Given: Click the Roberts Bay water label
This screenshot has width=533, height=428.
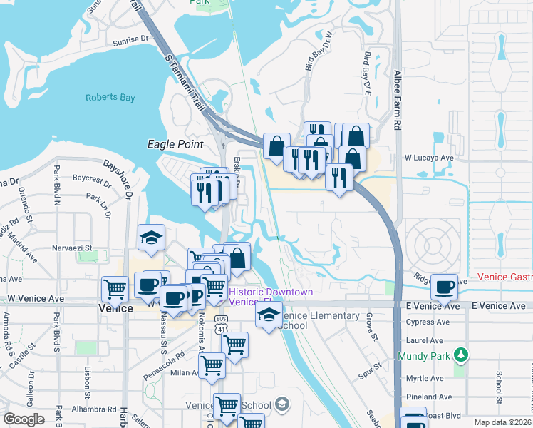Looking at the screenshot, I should point(109,98).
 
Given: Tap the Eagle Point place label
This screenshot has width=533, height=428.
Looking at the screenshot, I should point(170,143).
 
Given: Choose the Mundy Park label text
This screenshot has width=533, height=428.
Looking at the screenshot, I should point(426,355).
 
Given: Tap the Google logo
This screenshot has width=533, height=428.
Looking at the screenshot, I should point(24,419).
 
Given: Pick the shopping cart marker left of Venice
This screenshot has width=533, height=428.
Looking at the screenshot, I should point(115,289).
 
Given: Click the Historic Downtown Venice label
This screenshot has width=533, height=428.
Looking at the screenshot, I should point(271,297).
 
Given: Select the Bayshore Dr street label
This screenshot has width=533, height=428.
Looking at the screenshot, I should point(118,178).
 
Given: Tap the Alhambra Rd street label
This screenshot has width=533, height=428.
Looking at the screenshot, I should point(94,409).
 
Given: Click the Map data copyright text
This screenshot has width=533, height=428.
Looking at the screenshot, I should point(502,422).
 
